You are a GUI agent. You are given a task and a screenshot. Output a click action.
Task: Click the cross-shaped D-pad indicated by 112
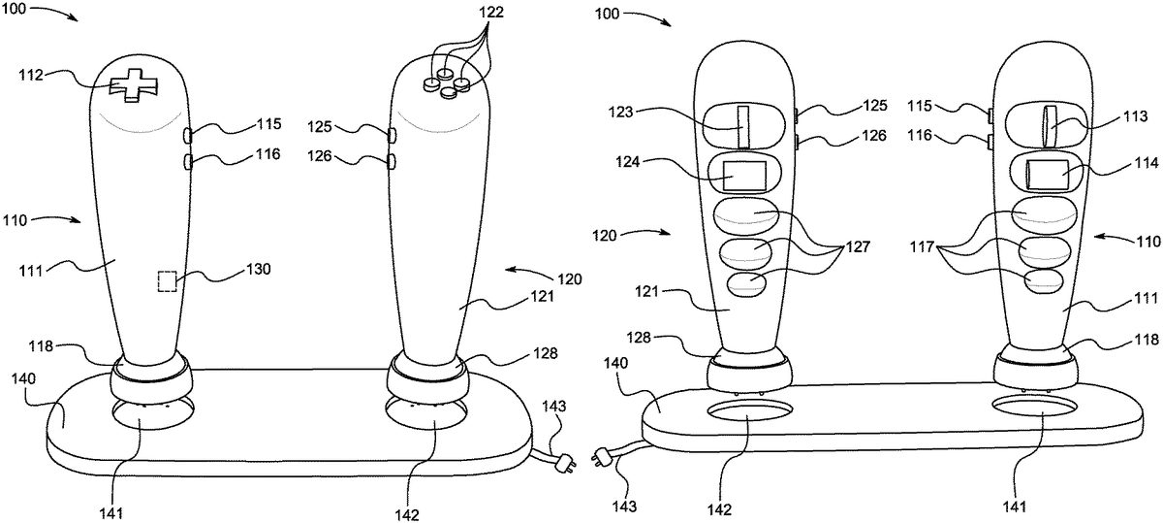click(134, 84)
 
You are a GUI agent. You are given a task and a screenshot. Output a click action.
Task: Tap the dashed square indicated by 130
click(167, 281)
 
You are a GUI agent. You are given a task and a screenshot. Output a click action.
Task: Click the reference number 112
click(31, 76)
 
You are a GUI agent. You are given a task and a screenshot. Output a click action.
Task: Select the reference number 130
click(258, 269)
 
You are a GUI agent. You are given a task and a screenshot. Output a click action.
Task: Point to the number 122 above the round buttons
click(491, 12)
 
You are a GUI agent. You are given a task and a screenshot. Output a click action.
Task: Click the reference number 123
click(620, 112)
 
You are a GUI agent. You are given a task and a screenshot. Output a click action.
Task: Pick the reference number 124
click(627, 162)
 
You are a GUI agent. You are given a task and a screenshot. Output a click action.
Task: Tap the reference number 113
click(1135, 115)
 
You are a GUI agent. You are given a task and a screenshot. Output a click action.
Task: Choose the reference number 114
click(1147, 163)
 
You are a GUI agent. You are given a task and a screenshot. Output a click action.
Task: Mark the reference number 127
click(858, 246)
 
